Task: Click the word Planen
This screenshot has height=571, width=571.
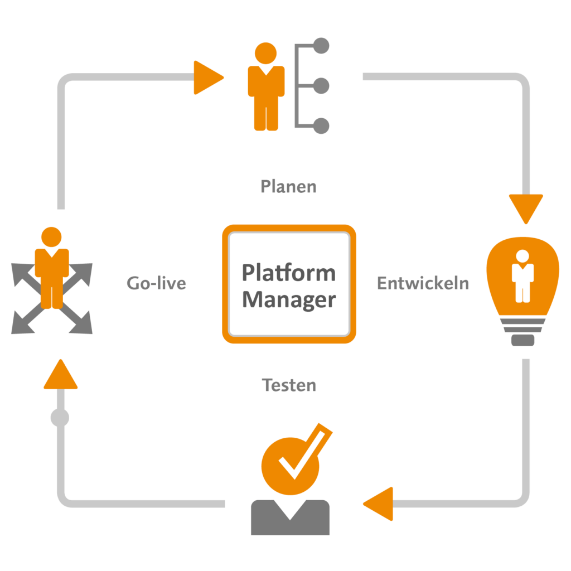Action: click(x=288, y=187)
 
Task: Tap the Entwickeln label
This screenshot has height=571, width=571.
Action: click(x=423, y=283)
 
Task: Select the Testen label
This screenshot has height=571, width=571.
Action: click(x=289, y=385)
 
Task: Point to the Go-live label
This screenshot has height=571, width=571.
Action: click(x=156, y=283)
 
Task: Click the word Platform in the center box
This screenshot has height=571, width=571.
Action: click(x=289, y=273)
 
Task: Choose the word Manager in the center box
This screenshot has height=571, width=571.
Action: click(x=289, y=299)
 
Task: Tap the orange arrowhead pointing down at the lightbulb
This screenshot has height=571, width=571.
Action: click(x=525, y=207)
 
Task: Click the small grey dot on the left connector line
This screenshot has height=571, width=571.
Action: click(x=60, y=417)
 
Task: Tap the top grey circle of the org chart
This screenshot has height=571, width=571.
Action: click(x=322, y=45)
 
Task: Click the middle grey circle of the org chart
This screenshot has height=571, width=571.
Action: click(x=322, y=86)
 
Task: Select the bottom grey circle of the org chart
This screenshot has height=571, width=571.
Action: click(x=322, y=126)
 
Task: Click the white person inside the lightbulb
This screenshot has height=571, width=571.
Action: click(x=522, y=276)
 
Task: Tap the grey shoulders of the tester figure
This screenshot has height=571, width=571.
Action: click(x=290, y=519)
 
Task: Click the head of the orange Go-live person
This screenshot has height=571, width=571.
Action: click(x=51, y=237)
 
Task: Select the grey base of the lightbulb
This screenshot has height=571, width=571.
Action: click(x=522, y=339)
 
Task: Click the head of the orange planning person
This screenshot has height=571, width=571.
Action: click(x=265, y=53)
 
